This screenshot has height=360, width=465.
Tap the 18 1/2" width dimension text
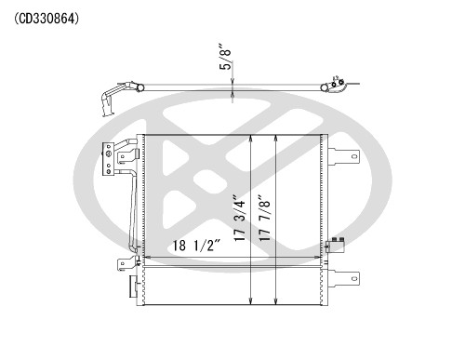coord(199,247)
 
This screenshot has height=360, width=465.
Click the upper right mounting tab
coord(346,158)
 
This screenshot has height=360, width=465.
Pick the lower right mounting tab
coord(346,276)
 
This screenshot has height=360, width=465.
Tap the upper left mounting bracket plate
coord(111,157)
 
